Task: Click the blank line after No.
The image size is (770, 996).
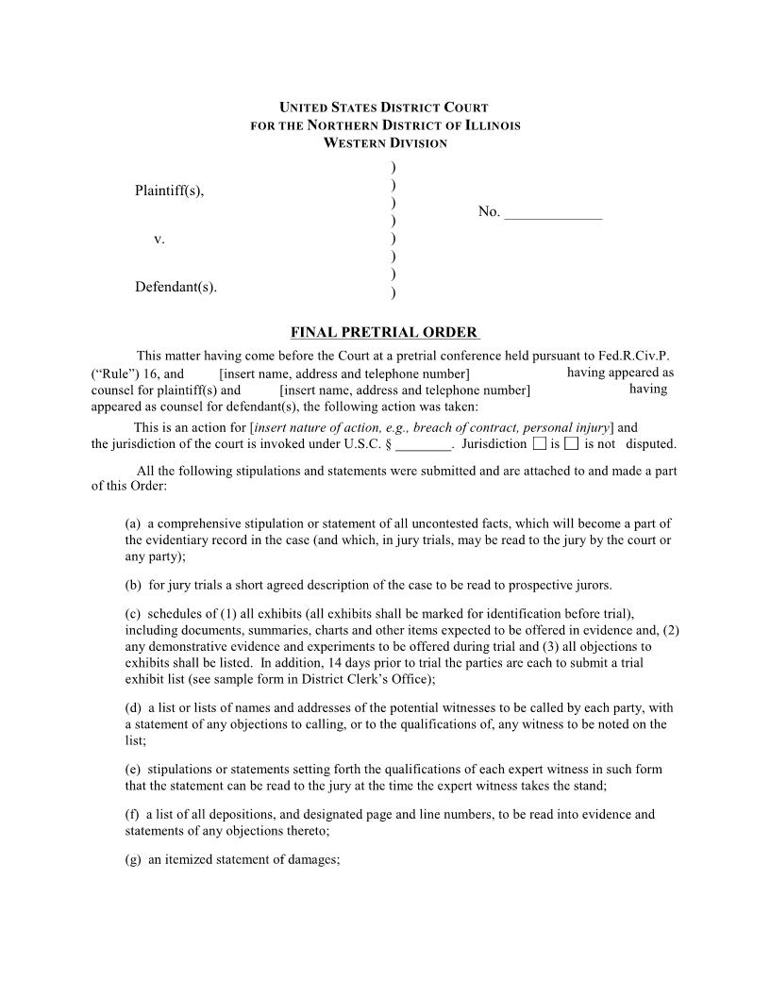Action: tap(553, 213)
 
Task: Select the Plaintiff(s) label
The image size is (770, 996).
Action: tap(169, 191)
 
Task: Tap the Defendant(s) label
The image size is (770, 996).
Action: tap(176, 287)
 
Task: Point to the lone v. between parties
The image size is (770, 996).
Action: tap(159, 240)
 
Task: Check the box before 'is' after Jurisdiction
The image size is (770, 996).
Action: tap(539, 443)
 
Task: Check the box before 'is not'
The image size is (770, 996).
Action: tap(571, 443)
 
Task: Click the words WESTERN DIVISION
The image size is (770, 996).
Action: tap(385, 143)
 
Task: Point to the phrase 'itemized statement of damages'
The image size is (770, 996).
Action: tap(250, 860)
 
